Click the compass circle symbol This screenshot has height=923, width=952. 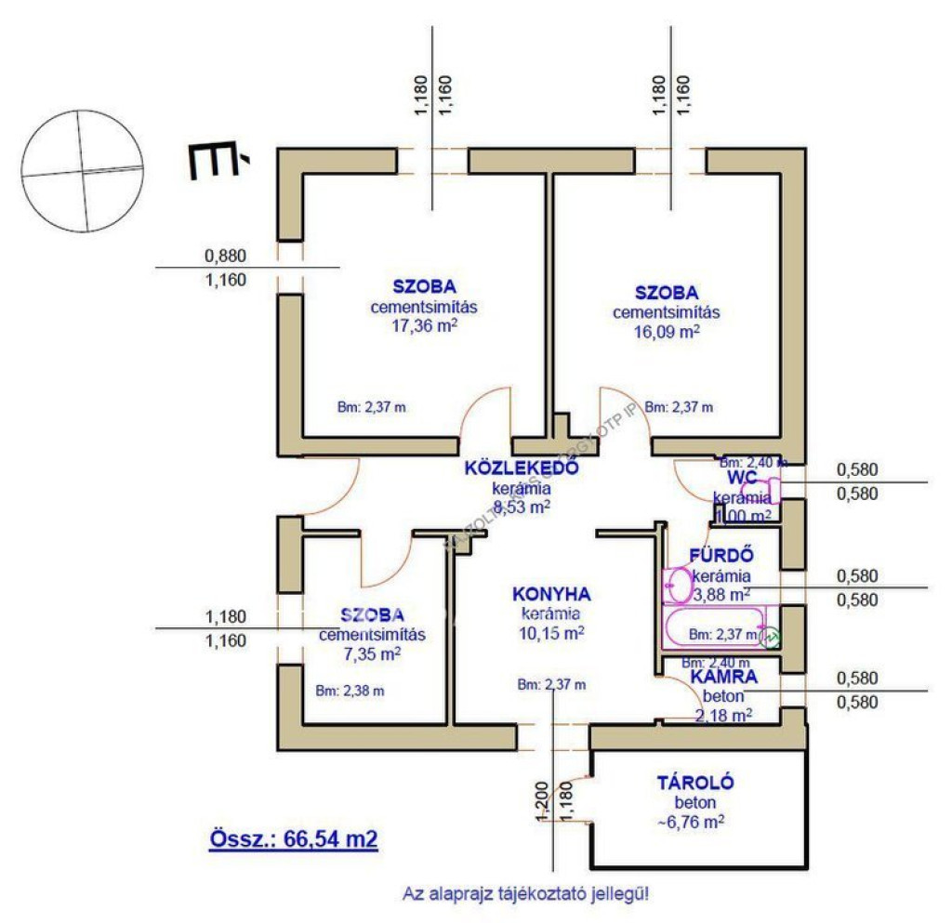82,170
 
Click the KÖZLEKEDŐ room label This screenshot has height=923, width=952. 522,468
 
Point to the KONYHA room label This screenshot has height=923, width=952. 551,594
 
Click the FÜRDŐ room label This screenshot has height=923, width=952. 721,556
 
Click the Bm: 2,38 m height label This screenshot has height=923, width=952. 349,691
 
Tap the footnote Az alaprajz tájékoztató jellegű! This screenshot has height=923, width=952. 525,894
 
